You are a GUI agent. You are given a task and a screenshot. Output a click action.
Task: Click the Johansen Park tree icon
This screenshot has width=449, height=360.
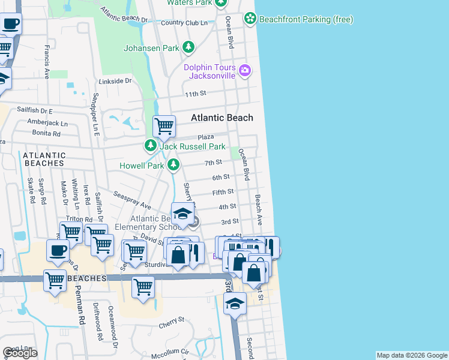tap(188, 47)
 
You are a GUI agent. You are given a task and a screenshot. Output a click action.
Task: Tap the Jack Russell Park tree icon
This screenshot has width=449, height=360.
tap(150, 146)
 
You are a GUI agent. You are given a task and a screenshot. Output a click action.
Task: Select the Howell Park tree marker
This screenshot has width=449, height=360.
tap(173, 164)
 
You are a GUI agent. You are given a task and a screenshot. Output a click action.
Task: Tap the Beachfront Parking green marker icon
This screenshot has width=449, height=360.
tap(250, 19)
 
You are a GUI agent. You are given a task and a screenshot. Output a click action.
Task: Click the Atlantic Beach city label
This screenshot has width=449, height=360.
tap(222, 118)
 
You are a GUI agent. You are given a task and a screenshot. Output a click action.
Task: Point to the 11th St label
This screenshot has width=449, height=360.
tap(196, 94)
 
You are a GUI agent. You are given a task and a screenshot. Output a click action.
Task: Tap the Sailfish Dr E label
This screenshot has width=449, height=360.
tap(35, 111)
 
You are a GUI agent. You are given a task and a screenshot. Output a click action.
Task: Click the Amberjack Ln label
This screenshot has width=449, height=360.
tap(47, 123)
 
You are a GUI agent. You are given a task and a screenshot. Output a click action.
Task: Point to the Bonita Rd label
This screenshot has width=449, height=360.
tap(47, 134)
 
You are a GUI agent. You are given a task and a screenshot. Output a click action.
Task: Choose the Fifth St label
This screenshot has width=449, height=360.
tap(223, 192)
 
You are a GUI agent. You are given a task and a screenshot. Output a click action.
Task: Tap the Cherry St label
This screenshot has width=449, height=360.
tap(171, 322)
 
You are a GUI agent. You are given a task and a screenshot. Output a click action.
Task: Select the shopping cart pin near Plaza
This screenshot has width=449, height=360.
tap(164, 127)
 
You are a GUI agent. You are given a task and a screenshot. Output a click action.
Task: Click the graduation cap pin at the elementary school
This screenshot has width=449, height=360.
tap(182, 214)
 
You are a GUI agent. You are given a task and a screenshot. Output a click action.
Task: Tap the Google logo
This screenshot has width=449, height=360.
tap(20, 353)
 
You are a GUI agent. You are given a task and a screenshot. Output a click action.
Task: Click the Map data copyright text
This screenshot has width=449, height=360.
tap(412, 355)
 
